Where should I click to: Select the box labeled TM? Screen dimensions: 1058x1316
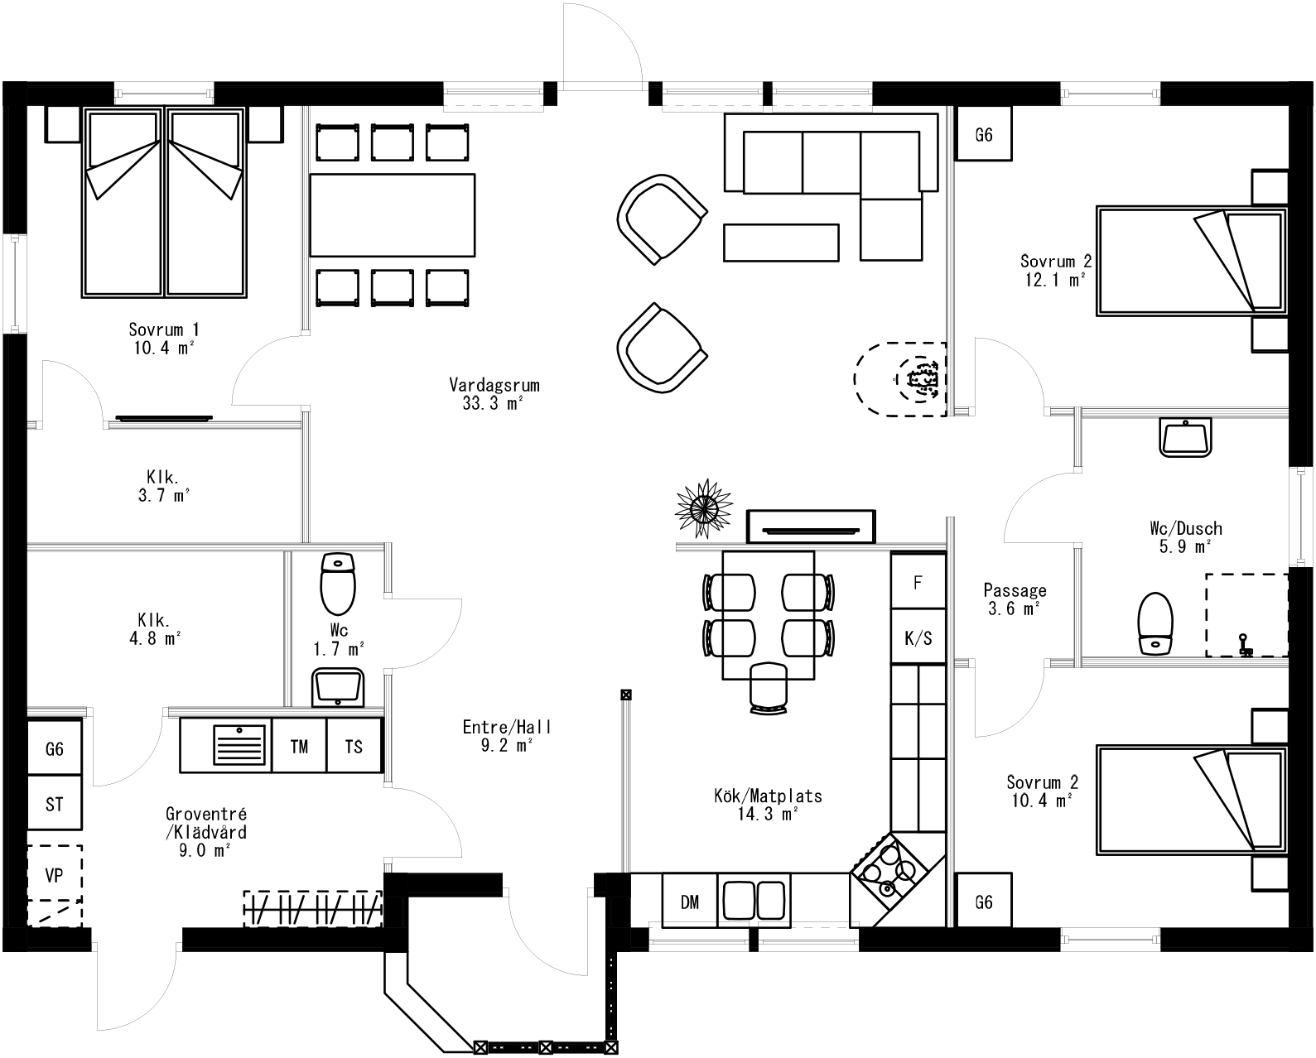coord(299,746)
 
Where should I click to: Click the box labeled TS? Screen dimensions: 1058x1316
coord(354,746)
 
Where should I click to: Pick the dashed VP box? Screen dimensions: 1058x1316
coord(55,874)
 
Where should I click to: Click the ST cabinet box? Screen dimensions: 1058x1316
coord(55,803)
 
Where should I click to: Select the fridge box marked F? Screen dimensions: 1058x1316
coord(918,582)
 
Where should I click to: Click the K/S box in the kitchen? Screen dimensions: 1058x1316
coord(918,637)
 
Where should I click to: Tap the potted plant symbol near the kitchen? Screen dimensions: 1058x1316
coord(704,507)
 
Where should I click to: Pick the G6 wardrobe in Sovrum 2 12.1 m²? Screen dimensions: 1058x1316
coord(983,134)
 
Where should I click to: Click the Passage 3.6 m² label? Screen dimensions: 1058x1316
coord(1015,599)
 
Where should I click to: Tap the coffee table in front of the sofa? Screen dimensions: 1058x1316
coord(781,242)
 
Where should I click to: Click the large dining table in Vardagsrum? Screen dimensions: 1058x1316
coord(393,215)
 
